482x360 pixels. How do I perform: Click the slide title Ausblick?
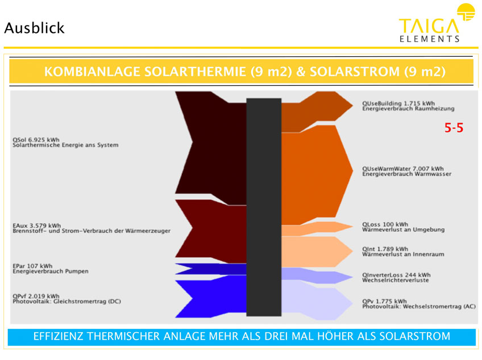[35, 28]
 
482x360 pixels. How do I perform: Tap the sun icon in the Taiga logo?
[466, 12]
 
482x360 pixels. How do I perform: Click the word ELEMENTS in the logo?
[430, 39]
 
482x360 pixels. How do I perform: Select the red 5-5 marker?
[454, 127]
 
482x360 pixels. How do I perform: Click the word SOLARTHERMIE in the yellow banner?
[195, 72]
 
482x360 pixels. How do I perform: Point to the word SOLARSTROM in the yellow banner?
[355, 72]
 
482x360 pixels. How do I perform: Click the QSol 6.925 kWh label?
[36, 140]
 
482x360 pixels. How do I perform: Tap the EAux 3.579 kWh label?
[36, 226]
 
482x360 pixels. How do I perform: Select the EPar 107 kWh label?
[32, 266]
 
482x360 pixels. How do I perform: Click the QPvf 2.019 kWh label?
[36, 296]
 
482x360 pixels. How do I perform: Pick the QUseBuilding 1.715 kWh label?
[398, 103]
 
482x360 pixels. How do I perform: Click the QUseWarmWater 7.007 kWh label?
[402, 169]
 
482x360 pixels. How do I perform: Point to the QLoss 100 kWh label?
[385, 224]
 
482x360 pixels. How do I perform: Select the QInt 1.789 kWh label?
[385, 249]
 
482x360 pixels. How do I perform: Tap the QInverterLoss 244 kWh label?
[396, 275]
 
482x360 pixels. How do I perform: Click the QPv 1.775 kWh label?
[384, 301]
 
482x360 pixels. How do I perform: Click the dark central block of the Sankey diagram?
[264, 207]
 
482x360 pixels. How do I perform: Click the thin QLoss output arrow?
[317, 228]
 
